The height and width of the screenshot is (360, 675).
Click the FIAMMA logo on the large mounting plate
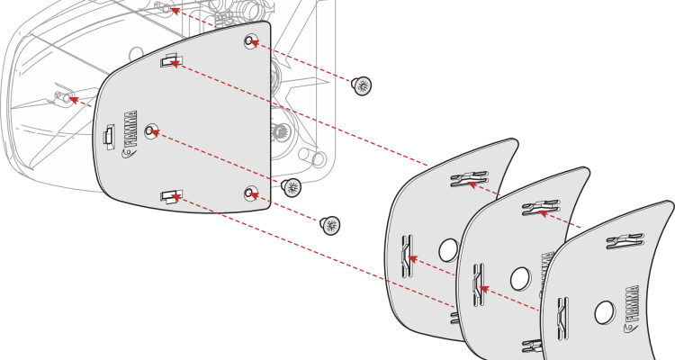[130, 134]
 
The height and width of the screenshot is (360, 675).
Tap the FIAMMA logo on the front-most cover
[631, 309]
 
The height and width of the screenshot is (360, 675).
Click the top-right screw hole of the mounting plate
[250, 41]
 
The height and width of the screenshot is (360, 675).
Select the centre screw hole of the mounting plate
[151, 130]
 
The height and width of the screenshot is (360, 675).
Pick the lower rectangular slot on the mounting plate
[171, 196]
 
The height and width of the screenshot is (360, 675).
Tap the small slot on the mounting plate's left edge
[109, 135]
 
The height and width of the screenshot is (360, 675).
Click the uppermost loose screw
[362, 85]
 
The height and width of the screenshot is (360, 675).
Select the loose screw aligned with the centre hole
[291, 187]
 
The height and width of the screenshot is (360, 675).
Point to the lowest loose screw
[329, 225]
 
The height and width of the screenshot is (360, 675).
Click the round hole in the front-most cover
[605, 312]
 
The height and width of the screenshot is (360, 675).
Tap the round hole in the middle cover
[520, 279]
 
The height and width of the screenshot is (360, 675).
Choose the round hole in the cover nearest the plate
[448, 250]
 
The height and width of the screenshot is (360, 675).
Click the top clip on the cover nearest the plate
[469, 179]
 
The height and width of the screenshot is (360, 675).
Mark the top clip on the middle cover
[541, 208]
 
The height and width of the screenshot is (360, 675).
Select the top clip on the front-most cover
[625, 241]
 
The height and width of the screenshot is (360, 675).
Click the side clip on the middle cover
[478, 284]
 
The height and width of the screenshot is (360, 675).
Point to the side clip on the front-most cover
[562, 319]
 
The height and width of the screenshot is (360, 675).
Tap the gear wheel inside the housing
[280, 130]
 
